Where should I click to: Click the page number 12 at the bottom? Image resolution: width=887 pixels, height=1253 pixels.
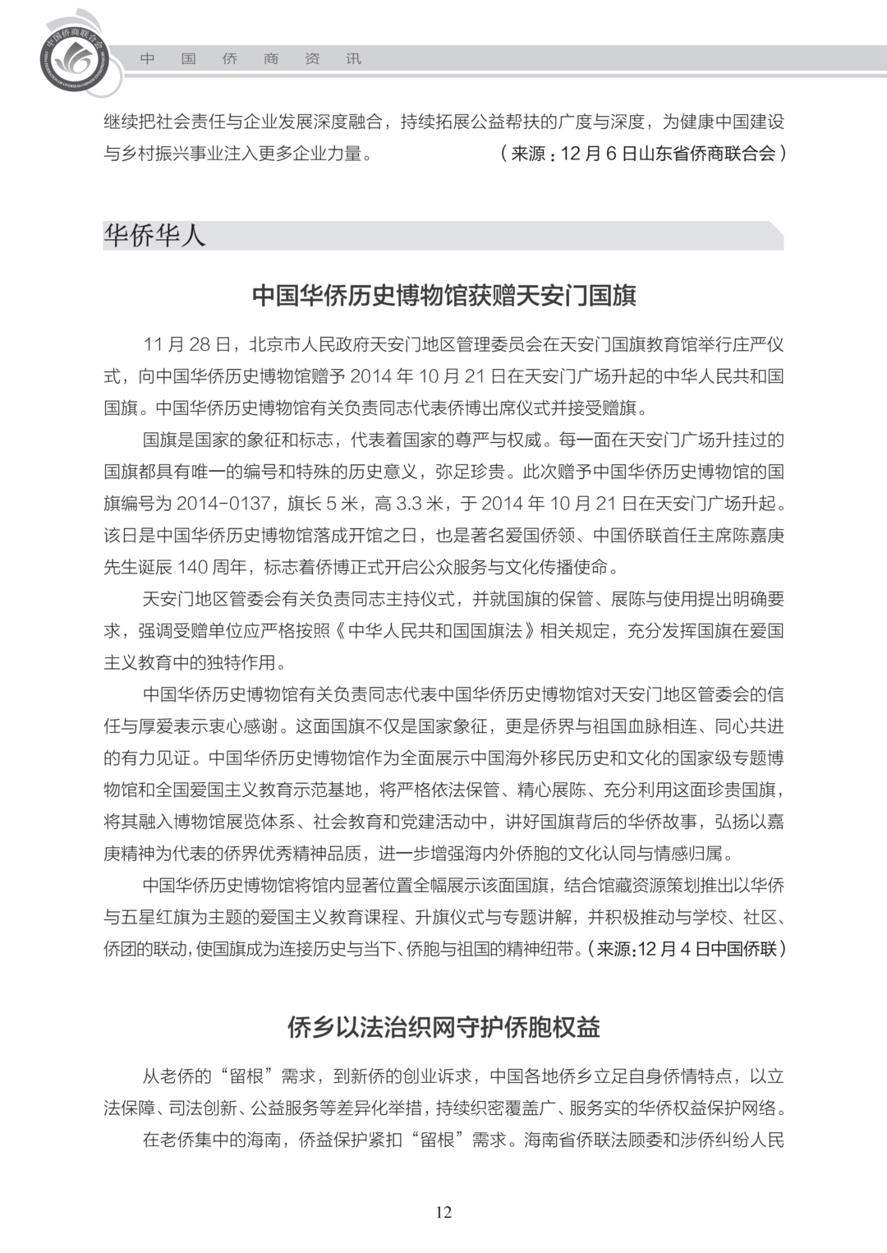(443, 1212)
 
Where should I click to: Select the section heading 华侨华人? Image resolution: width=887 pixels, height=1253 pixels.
(154, 237)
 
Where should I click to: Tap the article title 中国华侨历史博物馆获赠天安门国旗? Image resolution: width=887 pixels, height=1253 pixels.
(443, 296)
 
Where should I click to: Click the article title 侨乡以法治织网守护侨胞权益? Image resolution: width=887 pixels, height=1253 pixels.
(443, 1027)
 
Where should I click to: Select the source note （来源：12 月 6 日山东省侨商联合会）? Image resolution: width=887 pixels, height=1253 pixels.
(642, 154)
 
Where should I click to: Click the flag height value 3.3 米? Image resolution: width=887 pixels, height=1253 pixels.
(420, 504)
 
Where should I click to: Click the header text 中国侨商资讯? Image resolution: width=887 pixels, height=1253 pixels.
(250, 59)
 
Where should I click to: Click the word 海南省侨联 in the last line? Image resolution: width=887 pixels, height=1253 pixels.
(568, 1140)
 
